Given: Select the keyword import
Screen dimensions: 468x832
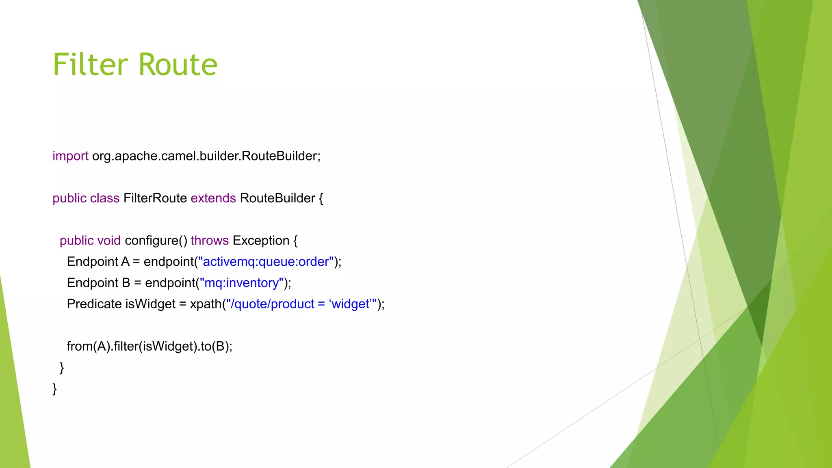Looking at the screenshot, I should (x=70, y=156).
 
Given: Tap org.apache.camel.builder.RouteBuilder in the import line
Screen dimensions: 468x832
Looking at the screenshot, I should (x=206, y=156).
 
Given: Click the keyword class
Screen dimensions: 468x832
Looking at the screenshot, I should (x=105, y=198).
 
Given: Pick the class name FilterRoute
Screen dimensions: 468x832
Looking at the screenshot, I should (x=155, y=198).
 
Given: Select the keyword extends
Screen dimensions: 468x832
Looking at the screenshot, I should (x=213, y=198).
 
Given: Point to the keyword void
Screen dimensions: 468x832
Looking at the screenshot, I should (x=109, y=240).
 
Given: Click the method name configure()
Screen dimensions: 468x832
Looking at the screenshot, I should (x=156, y=240).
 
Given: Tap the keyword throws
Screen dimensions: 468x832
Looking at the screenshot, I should (x=210, y=240).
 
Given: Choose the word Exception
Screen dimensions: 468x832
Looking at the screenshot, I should (x=261, y=240).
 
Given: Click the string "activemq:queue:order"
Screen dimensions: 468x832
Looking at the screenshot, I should (x=266, y=262).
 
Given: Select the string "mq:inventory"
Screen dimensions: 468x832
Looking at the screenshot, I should (x=242, y=283).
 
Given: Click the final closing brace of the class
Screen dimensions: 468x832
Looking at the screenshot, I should (x=54, y=389).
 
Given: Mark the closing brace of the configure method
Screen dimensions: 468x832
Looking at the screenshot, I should (x=62, y=368).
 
